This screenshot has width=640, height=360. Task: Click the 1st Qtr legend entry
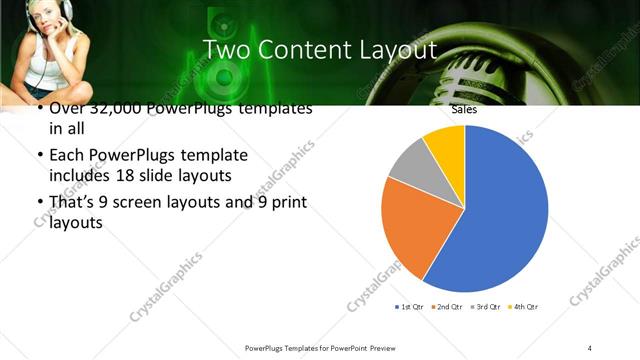(x=413, y=306)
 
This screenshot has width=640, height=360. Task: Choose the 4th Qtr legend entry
(x=524, y=306)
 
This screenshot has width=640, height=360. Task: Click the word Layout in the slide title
(x=387, y=50)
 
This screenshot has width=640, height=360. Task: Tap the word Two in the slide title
(x=226, y=49)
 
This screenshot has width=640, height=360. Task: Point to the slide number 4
(x=590, y=347)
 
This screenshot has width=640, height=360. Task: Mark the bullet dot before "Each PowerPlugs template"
(x=39, y=156)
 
